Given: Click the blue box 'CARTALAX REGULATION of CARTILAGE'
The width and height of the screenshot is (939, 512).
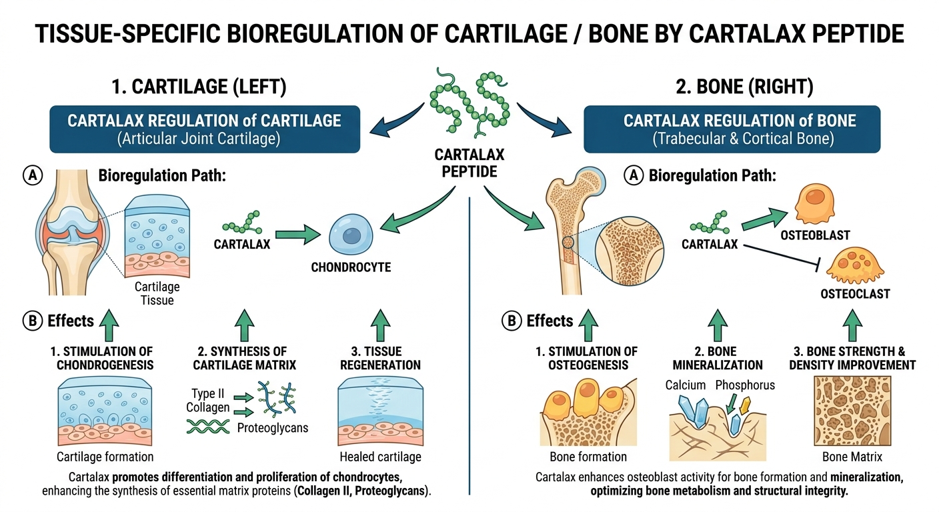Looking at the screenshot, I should click(204, 129).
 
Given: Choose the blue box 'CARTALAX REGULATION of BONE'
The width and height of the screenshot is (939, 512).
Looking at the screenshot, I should click(732, 129).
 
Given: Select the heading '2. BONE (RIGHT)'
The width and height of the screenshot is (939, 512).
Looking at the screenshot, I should click(732, 87).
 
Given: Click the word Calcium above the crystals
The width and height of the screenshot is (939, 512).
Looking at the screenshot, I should click(686, 385).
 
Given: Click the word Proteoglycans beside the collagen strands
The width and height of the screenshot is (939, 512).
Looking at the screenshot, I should click(273, 427).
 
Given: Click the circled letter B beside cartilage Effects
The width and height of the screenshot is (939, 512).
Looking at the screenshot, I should click(32, 321).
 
